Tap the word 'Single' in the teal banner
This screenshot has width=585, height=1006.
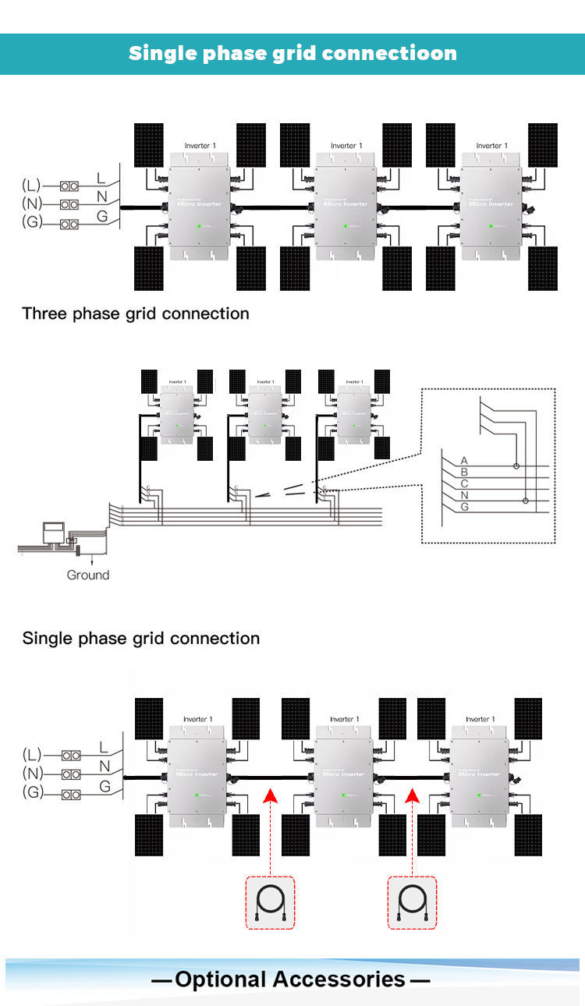(x=161, y=54)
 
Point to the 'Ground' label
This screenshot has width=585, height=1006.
(x=88, y=575)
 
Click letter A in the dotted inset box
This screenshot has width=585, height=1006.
(x=464, y=461)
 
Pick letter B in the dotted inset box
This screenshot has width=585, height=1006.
(x=464, y=472)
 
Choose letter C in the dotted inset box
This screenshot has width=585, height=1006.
(x=464, y=484)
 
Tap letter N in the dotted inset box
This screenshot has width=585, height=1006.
(x=464, y=495)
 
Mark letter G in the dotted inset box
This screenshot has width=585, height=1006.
(x=464, y=507)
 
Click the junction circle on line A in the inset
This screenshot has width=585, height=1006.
(x=516, y=466)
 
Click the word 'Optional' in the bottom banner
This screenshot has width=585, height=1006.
(x=230, y=979)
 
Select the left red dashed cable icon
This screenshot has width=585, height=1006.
(x=270, y=903)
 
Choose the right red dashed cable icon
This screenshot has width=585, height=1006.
(x=412, y=903)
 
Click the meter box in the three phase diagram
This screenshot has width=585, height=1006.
(x=53, y=531)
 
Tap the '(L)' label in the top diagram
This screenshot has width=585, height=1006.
(x=31, y=186)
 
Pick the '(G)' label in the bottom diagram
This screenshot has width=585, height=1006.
(x=31, y=793)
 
